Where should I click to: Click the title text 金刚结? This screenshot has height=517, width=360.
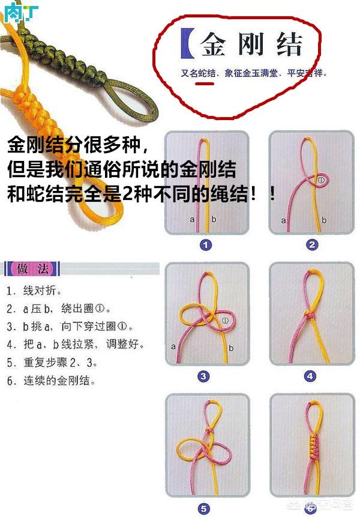click(x=251, y=44)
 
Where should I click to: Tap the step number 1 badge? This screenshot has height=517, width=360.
click(x=205, y=244)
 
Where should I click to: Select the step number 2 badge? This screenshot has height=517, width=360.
click(x=311, y=244)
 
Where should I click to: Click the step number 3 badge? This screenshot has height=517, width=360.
click(x=203, y=376)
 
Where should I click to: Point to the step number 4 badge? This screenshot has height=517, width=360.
click(x=310, y=376)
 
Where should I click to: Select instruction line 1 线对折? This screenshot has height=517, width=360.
click(x=34, y=291)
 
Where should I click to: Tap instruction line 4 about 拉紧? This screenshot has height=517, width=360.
click(x=76, y=345)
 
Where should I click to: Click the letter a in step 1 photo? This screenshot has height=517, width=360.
click(x=192, y=220)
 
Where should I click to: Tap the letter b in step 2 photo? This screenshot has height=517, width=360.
click(x=323, y=220)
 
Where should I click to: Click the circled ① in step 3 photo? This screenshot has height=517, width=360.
click(x=226, y=321)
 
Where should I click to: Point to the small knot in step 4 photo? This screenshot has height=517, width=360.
click(x=310, y=315)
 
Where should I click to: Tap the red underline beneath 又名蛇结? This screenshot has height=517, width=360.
click(x=205, y=84)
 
